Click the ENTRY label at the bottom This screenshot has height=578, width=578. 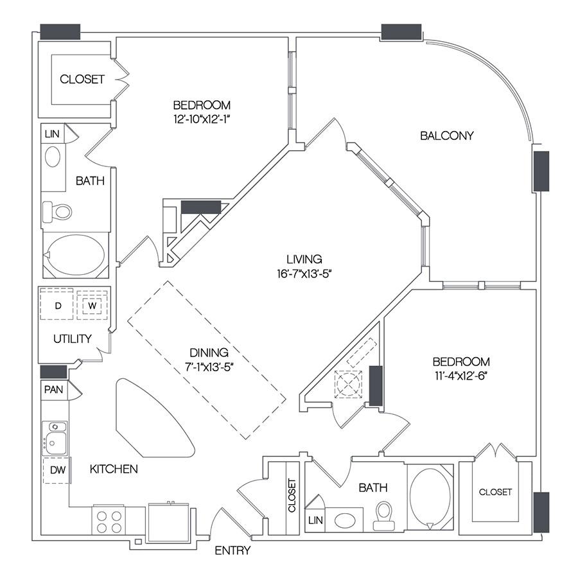[232, 550]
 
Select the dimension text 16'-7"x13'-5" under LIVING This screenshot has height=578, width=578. [304, 272]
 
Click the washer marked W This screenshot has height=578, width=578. [92, 306]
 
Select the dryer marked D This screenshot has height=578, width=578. [58, 306]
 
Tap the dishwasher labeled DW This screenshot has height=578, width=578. [56, 470]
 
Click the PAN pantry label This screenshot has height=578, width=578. [53, 389]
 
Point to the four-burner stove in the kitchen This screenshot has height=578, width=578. [109, 519]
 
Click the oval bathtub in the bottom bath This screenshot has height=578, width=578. [430, 498]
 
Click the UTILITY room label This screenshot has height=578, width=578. [72, 338]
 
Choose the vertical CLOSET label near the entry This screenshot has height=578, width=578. [292, 496]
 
